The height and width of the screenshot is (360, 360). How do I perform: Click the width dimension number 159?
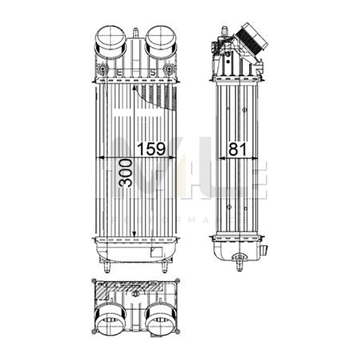pyautogui.click(x=151, y=149)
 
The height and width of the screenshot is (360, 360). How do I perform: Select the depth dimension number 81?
pyautogui.click(x=237, y=149)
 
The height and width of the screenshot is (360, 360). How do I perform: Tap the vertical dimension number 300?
pyautogui.click(x=126, y=172)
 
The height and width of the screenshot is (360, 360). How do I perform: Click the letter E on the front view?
pyautogui.click(x=120, y=72)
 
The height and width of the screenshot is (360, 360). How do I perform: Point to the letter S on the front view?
pyautogui.click(x=152, y=72)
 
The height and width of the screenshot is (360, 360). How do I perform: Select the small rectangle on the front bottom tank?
pyautogui.click(x=156, y=252)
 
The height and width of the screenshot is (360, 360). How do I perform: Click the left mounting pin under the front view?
pyautogui.click(x=106, y=266)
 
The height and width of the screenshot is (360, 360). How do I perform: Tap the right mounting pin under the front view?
pyautogui.click(x=164, y=266)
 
